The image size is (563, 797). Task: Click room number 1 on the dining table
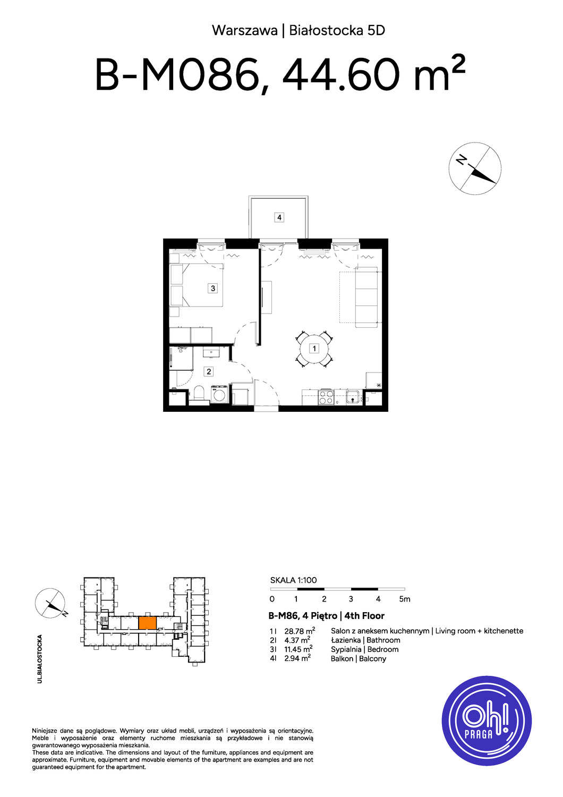[314, 349]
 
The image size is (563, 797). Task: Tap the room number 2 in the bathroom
[208, 372]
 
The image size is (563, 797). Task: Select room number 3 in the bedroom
[212, 288]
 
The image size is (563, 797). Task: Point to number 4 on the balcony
[279, 217]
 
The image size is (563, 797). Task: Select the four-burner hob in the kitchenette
[326, 397]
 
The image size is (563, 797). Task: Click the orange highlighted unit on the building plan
[147, 623]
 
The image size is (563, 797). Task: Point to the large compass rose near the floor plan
[475, 168]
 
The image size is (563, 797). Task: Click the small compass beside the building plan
[50, 604]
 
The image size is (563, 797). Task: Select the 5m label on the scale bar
[404, 599]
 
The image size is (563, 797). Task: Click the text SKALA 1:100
[293, 580]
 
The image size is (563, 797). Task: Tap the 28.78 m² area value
[300, 631]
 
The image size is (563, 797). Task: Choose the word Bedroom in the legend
[383, 649]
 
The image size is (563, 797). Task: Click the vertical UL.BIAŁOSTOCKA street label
[40, 659]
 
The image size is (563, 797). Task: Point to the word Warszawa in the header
[245, 31]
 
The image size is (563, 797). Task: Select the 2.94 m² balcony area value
[297, 659]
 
